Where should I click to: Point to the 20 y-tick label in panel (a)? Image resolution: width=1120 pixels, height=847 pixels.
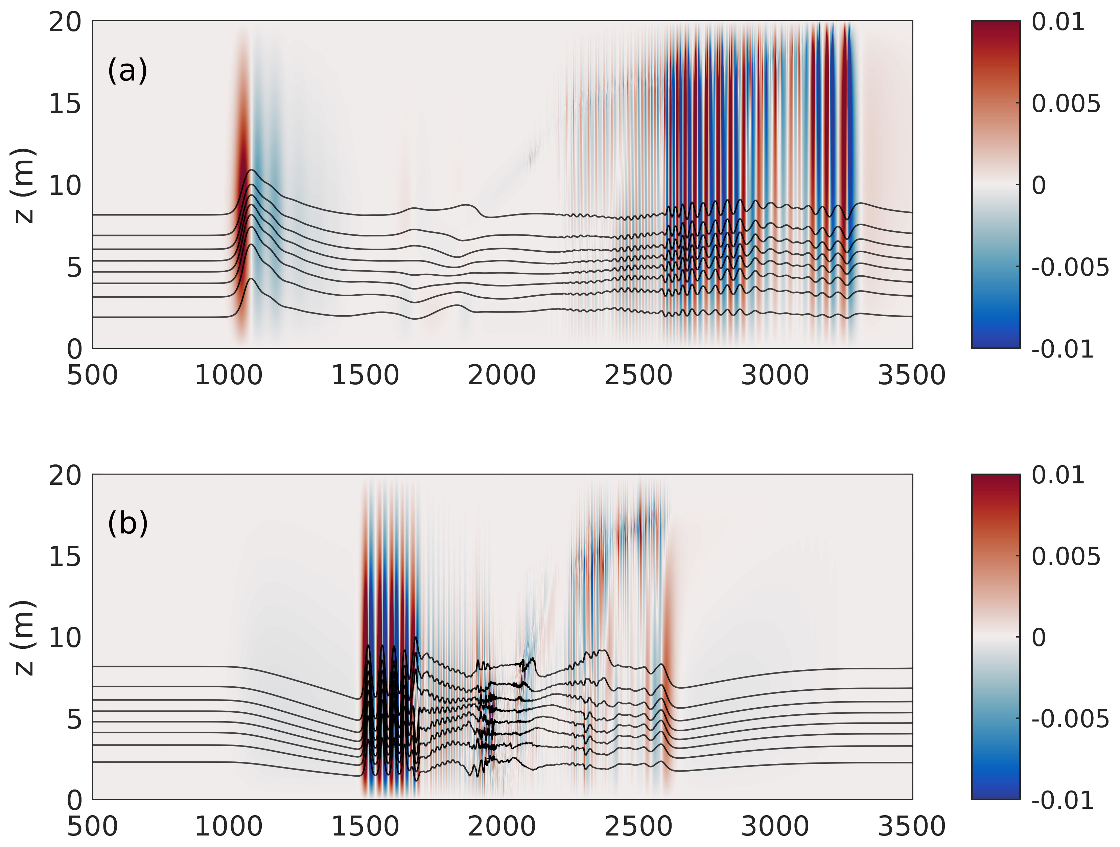point(65,23)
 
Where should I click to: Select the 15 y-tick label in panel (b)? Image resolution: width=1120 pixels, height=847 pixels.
point(65,557)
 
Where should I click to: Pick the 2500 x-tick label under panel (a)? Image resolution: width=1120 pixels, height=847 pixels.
point(638,376)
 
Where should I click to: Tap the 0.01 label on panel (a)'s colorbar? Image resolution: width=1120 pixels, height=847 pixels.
point(1058,23)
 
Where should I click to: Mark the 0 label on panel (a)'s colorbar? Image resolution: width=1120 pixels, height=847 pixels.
point(1038,186)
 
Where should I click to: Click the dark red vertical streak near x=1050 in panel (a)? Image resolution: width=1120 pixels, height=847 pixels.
point(242,152)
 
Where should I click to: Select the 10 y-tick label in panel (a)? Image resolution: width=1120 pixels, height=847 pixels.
point(65,186)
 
